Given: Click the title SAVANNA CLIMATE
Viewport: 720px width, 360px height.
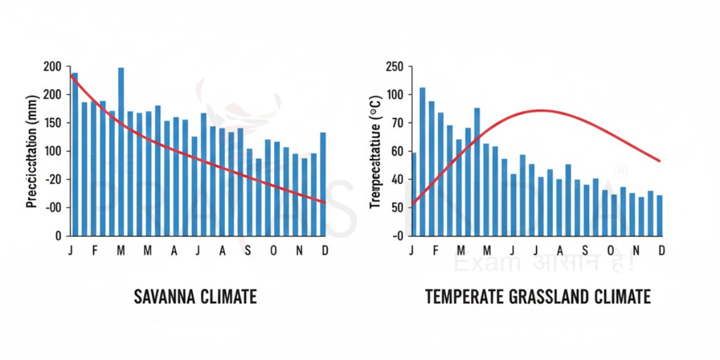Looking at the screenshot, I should click(x=195, y=296).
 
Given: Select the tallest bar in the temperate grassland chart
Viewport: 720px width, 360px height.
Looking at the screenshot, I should click(x=422, y=161).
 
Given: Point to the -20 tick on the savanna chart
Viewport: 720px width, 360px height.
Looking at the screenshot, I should click(x=53, y=179).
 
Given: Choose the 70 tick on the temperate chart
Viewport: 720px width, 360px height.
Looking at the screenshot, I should click(x=398, y=123).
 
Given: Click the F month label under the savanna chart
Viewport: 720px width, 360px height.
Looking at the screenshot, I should click(x=94, y=251).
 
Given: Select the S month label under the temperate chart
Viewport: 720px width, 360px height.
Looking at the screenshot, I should click(x=585, y=251).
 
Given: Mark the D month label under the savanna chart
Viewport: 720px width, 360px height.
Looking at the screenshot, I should click(x=325, y=251).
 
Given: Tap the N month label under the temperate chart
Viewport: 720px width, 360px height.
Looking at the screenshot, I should click(x=637, y=251).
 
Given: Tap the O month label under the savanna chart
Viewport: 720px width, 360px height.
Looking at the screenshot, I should click(x=274, y=251).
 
